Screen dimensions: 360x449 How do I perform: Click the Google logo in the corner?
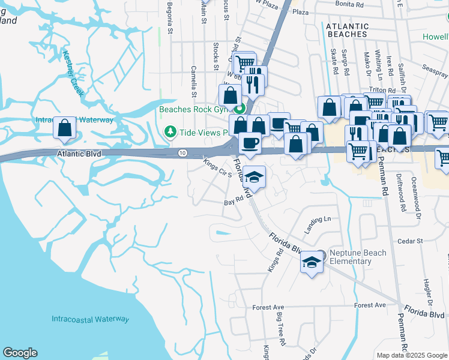click(x=20, y=353)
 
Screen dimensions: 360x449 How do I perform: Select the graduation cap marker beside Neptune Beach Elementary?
click(x=311, y=262)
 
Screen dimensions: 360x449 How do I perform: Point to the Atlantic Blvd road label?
click(x=79, y=154)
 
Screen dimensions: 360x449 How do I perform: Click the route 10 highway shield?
click(x=182, y=154)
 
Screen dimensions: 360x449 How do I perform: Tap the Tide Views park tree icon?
click(x=170, y=131)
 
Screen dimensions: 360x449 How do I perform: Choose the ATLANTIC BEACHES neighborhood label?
click(x=347, y=30)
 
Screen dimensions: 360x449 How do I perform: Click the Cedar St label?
click(x=411, y=241)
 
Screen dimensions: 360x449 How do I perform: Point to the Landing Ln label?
click(x=318, y=220)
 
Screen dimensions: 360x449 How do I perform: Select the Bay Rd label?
click(x=233, y=203)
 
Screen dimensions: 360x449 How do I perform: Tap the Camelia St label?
click(x=194, y=81)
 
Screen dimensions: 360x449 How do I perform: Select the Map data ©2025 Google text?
click(x=412, y=355)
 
